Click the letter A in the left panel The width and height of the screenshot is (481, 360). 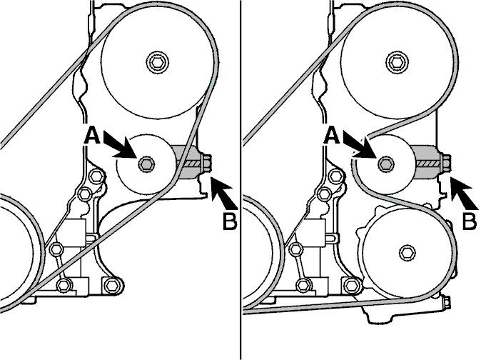tap(92, 136)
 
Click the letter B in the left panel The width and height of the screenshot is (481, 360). tap(230, 221)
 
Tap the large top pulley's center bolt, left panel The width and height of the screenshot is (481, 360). tap(157, 63)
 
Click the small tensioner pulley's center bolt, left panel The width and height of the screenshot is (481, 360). tap(146, 164)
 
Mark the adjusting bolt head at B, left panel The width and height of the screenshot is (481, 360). tap(207, 164)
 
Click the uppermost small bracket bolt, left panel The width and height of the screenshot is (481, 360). tap(96, 176)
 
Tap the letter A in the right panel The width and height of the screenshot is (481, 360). tap(332, 136)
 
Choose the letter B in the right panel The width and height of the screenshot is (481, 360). tap(470, 221)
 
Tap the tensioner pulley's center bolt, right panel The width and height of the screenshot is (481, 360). tap(386, 164)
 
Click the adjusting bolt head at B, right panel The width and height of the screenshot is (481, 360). tap(446, 164)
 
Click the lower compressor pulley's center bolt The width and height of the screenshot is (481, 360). tap(408, 252)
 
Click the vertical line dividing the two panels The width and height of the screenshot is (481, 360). tap(241, 180)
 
